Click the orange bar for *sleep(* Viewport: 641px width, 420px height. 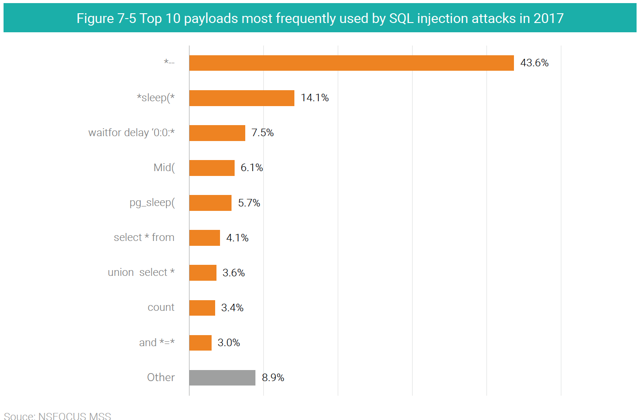(x=242, y=98)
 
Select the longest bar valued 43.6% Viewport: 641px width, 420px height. (x=351, y=63)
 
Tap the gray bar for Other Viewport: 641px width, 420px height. (x=222, y=378)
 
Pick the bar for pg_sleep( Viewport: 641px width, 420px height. (x=210, y=203)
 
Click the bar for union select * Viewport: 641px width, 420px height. (x=203, y=273)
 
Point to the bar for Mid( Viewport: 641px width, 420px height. (x=212, y=168)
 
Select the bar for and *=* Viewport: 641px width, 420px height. (x=200, y=343)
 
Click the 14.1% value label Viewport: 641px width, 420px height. (x=315, y=98)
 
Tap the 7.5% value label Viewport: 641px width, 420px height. (x=263, y=133)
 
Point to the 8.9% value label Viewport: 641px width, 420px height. (x=273, y=378)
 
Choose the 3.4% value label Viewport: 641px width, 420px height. (x=232, y=308)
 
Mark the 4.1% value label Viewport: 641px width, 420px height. (x=237, y=238)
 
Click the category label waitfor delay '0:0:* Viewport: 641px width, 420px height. (x=131, y=133)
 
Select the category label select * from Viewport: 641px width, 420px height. (x=144, y=237)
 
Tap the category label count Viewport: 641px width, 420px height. (x=161, y=307)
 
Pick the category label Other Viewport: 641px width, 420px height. (x=161, y=377)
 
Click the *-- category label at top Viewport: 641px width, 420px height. (x=169, y=63)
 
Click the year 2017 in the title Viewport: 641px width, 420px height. (x=548, y=18)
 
